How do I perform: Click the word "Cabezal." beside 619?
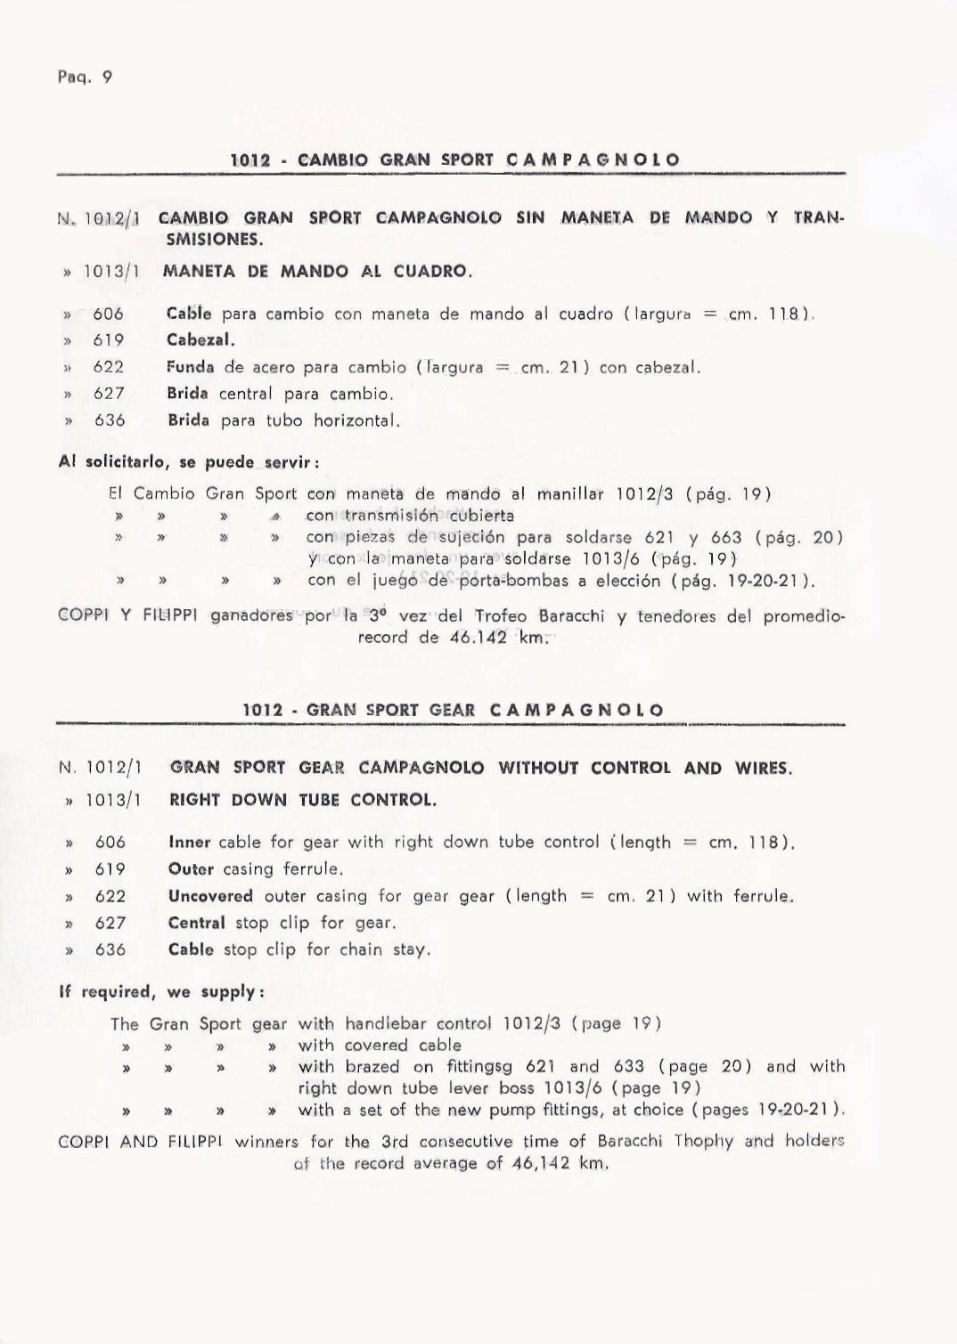click(x=200, y=340)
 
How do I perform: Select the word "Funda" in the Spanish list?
click(x=190, y=367)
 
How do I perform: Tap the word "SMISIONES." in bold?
click(x=213, y=240)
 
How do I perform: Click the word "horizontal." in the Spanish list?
click(x=356, y=420)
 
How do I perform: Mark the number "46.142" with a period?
click(x=477, y=638)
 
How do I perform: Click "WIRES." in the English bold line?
click(x=763, y=768)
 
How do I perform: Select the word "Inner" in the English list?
click(x=189, y=843)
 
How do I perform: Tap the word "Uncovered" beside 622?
click(x=210, y=896)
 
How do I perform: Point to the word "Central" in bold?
click(x=197, y=923)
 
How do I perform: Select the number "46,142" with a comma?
click(x=542, y=1163)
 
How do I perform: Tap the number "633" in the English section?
click(x=629, y=1067)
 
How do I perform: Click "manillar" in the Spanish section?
click(x=568, y=494)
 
